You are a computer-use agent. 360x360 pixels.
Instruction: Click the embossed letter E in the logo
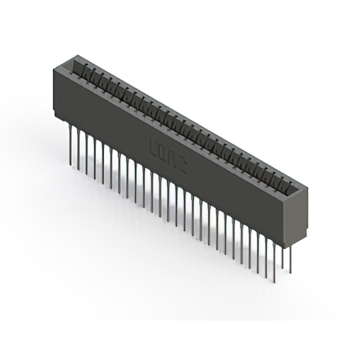click(x=155, y=147)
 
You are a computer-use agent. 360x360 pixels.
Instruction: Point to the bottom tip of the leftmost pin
click(x=70, y=165)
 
